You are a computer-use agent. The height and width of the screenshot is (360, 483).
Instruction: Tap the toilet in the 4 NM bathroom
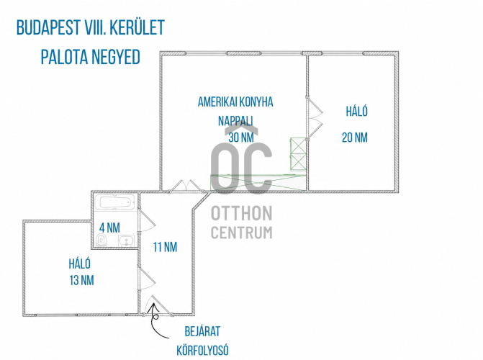(101, 240)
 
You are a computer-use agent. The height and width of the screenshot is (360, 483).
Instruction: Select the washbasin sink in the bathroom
(126, 240)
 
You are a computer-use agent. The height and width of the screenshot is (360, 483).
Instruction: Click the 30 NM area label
(241, 138)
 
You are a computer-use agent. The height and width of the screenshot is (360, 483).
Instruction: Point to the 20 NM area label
(355, 138)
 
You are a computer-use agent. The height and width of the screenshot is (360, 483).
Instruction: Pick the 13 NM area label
(81, 281)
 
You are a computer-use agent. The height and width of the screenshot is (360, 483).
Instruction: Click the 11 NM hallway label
(165, 247)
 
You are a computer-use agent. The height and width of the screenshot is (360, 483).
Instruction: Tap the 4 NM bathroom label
(109, 228)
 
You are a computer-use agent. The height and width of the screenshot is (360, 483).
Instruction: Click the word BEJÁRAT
(202, 331)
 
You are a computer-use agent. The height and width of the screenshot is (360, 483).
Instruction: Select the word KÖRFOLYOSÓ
(202, 350)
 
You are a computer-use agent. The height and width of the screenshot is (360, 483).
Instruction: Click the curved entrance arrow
(155, 322)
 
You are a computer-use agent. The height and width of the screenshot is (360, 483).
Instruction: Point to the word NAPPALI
(235, 121)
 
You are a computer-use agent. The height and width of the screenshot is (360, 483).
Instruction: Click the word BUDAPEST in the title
(48, 27)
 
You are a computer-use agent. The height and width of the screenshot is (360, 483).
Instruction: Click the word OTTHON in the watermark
(242, 213)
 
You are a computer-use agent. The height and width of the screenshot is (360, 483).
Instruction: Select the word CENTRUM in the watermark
(242, 233)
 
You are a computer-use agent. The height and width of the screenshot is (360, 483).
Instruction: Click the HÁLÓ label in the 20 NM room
(357, 111)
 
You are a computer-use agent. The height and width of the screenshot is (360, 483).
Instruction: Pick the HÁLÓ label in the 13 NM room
(79, 264)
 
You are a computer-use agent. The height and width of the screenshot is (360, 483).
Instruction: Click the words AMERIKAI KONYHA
(235, 102)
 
